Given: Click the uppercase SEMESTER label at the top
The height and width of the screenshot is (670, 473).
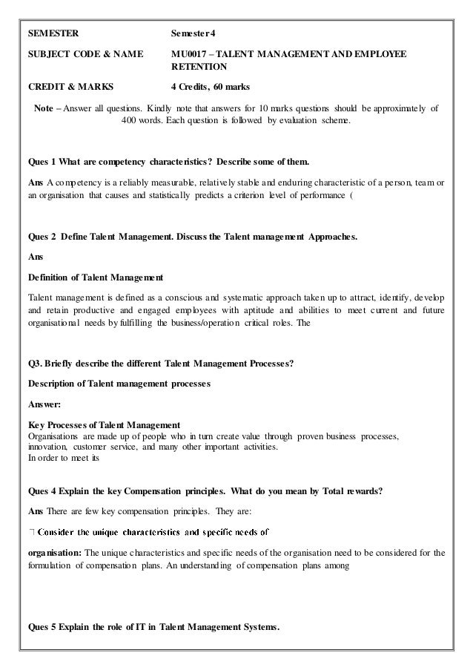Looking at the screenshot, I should coord(52,34).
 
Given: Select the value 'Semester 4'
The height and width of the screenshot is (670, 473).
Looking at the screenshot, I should coord(195,34).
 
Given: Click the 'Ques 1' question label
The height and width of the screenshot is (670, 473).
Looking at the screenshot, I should coord(42,161).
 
